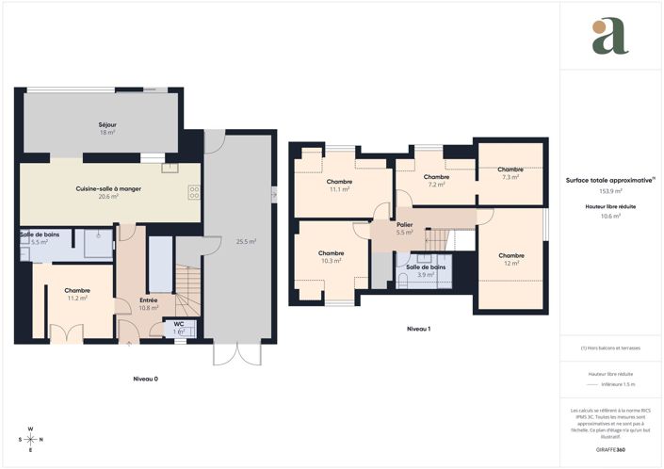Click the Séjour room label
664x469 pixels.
(x=106, y=124)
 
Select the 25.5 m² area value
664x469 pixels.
(x=246, y=241)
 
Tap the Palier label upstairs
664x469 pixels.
(x=405, y=225)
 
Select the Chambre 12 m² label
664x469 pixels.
(x=511, y=255)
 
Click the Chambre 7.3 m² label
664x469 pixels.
(x=510, y=170)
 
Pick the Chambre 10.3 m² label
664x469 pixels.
(x=331, y=253)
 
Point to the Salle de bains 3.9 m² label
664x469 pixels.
(x=426, y=267)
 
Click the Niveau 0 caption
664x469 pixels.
(x=145, y=378)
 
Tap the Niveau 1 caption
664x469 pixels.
(x=418, y=329)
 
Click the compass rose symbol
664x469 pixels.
(x=31, y=439)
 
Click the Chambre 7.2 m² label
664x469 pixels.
(x=436, y=177)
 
